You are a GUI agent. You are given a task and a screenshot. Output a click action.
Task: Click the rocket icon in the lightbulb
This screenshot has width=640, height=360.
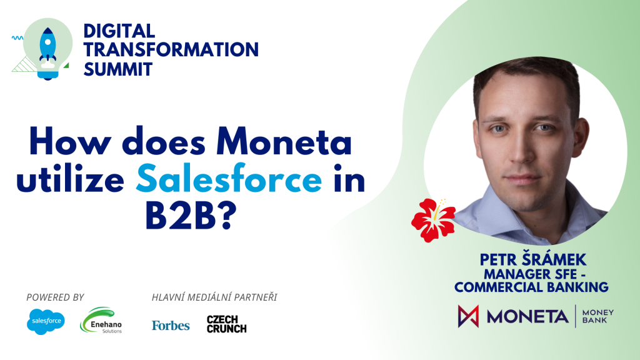47,47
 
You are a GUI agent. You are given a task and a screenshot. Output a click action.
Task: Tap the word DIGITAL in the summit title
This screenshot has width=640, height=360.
119,31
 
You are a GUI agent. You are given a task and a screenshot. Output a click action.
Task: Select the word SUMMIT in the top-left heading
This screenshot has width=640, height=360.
118,69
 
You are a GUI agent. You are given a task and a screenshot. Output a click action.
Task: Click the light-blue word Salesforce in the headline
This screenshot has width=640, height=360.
229,178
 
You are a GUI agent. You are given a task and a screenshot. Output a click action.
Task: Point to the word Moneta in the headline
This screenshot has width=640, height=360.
284,142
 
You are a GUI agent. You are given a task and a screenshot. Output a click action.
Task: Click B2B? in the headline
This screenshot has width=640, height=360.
191,216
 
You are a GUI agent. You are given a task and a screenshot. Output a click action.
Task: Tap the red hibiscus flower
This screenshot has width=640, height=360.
434,219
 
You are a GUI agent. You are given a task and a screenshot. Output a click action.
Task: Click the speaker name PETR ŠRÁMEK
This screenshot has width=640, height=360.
532,259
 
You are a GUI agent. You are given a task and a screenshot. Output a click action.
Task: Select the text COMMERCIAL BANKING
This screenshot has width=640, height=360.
531,287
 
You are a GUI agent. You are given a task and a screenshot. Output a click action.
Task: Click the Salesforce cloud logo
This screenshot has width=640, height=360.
46,322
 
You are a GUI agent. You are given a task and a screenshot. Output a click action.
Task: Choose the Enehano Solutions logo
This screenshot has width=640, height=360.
101,321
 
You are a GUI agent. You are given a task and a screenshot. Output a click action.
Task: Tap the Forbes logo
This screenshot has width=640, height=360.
171,325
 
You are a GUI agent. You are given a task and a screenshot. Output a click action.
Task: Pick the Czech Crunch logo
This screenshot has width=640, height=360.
226,324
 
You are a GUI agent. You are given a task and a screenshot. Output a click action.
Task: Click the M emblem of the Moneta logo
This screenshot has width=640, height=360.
468,316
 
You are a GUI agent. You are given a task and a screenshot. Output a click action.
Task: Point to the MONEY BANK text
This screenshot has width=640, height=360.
597,316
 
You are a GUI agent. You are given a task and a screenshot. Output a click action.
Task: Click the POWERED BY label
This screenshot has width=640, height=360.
55,297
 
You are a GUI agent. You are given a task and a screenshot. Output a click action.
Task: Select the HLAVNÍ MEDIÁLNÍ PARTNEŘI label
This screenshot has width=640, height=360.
214,297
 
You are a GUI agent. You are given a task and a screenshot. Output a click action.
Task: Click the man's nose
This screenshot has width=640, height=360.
519,151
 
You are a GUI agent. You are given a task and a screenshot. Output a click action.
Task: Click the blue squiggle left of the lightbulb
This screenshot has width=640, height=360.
17,38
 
